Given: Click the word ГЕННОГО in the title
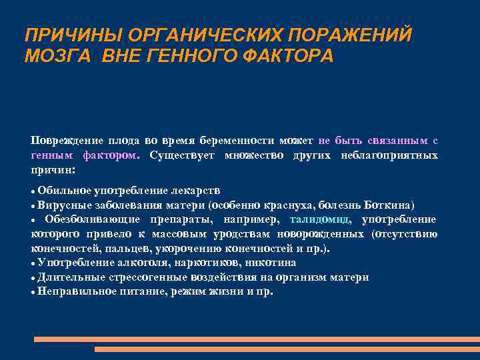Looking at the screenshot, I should tap(187, 56).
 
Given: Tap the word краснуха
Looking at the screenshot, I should tap(290, 204).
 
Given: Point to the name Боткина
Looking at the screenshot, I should tap(391, 204).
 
